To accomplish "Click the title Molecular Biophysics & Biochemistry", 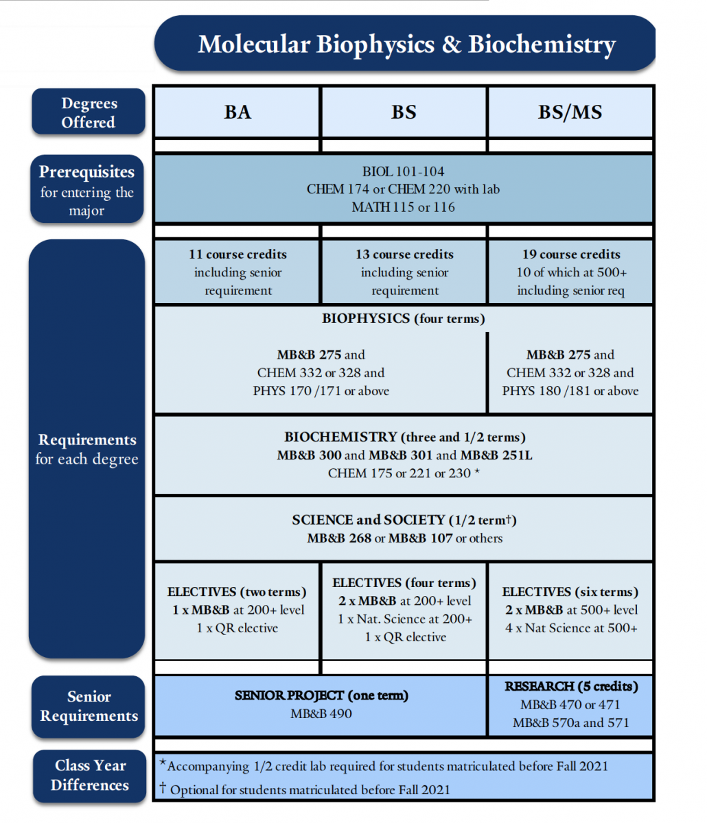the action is pos(406,44).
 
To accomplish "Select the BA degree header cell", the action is pos(237,112).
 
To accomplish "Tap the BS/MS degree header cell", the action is pos(570,112).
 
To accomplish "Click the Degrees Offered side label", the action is pos(89,112).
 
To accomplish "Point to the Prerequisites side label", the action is pos(87,189).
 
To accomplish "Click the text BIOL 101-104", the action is pos(403,171).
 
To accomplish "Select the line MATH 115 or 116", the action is pos(403,207).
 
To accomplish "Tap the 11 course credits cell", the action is pos(237,272).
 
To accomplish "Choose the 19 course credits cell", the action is pos(570,272).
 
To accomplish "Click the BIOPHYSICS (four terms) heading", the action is pos(404,318).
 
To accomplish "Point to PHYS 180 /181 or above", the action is pos(570,391).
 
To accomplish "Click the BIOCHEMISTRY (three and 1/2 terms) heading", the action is pos(404,437).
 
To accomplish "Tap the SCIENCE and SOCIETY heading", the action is pos(404,520).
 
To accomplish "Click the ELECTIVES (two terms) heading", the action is pos(237,592).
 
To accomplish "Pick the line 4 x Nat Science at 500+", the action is pos(570,628).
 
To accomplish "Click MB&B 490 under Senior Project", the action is pos(321,713).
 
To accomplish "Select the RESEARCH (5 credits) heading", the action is pos(571,687).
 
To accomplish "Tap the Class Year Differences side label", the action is pos(90,776).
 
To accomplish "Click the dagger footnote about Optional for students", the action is pos(305,789).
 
